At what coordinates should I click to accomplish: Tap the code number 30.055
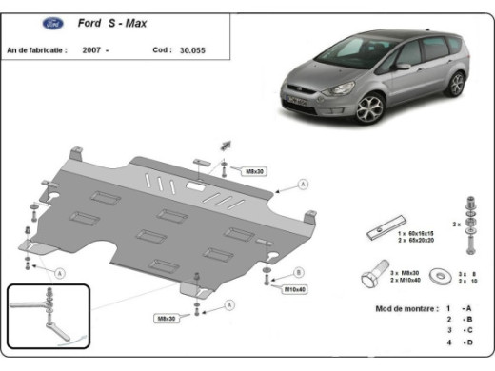191,49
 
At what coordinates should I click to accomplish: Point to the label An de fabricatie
36,49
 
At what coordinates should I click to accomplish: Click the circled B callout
298,272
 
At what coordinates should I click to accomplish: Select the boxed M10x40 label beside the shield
292,286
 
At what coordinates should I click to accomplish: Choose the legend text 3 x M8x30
405,273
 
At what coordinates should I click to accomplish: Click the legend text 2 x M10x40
406,282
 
